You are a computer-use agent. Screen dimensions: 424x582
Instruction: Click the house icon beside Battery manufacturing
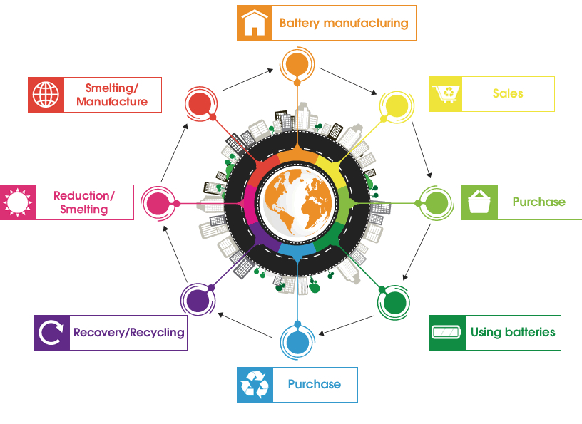tap(255, 23)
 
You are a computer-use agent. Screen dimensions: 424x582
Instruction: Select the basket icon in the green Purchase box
tap(479, 202)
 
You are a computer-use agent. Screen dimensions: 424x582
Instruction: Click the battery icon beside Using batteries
tap(447, 333)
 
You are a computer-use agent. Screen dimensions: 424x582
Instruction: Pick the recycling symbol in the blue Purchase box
tap(255, 384)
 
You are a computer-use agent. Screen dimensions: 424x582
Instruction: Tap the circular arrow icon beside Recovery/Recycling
tap(51, 333)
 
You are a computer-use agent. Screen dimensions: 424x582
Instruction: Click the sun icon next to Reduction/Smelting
tap(18, 202)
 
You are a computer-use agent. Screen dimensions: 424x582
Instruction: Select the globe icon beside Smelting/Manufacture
tap(46, 95)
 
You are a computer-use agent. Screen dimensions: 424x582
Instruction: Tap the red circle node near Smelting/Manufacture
tap(200, 104)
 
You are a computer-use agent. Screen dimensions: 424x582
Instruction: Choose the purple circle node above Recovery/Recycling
tap(198, 299)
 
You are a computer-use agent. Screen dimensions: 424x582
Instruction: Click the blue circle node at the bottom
tap(297, 341)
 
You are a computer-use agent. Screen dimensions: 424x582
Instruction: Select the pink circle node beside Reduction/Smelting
tap(157, 202)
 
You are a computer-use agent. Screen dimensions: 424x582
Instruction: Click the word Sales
tap(507, 93)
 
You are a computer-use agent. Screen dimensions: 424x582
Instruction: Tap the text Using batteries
tap(512, 332)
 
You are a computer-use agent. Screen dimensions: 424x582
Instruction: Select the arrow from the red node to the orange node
tap(247, 80)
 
